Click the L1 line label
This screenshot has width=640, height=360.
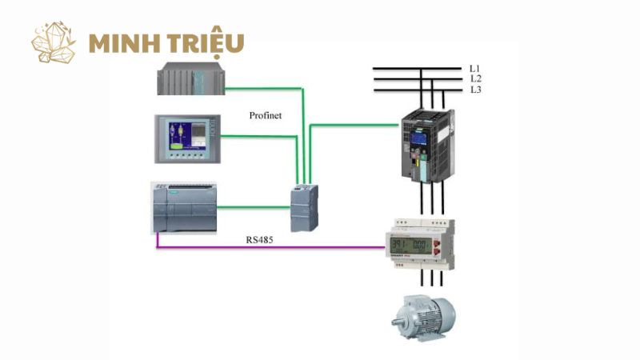(x=475, y=69)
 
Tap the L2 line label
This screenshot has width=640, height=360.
(x=475, y=79)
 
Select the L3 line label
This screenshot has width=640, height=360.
(x=475, y=90)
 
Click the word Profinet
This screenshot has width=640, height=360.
(x=264, y=116)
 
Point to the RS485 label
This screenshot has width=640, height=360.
(x=259, y=238)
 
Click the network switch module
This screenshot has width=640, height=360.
(x=303, y=207)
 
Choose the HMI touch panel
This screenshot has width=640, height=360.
(x=186, y=139)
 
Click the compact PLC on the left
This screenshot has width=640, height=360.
(x=184, y=206)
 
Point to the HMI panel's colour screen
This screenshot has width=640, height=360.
(x=183, y=135)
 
